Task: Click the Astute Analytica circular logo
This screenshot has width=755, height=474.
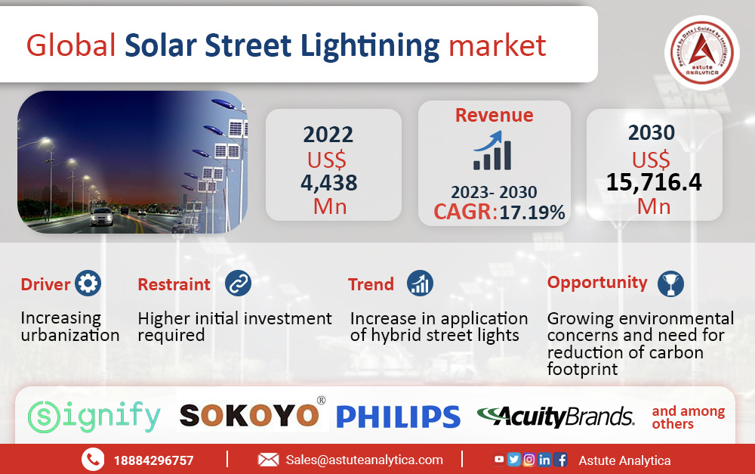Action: click(x=701, y=53)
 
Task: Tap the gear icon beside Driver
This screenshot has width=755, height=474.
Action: click(x=88, y=283)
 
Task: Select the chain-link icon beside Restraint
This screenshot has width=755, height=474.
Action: click(x=238, y=283)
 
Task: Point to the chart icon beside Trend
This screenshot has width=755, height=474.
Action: click(x=420, y=283)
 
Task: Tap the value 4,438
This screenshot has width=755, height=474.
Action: click(x=329, y=183)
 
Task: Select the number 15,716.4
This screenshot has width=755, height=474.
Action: click(x=654, y=181)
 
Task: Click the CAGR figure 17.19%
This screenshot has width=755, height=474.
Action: click(x=532, y=212)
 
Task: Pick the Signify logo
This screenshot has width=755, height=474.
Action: click(x=94, y=417)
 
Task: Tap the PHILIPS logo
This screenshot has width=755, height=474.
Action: click(x=398, y=417)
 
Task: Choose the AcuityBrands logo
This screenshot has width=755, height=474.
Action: click(x=556, y=417)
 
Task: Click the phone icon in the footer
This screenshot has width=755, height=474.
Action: click(x=93, y=460)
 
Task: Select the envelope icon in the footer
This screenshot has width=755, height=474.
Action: click(x=268, y=460)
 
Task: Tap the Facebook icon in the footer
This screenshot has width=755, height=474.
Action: click(x=560, y=460)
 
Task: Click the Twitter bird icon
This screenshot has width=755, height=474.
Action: click(x=513, y=460)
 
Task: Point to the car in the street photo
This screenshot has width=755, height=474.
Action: click(x=103, y=216)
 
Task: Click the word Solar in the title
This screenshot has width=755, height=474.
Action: click(x=161, y=45)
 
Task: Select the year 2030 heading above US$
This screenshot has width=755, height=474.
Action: click(x=652, y=132)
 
